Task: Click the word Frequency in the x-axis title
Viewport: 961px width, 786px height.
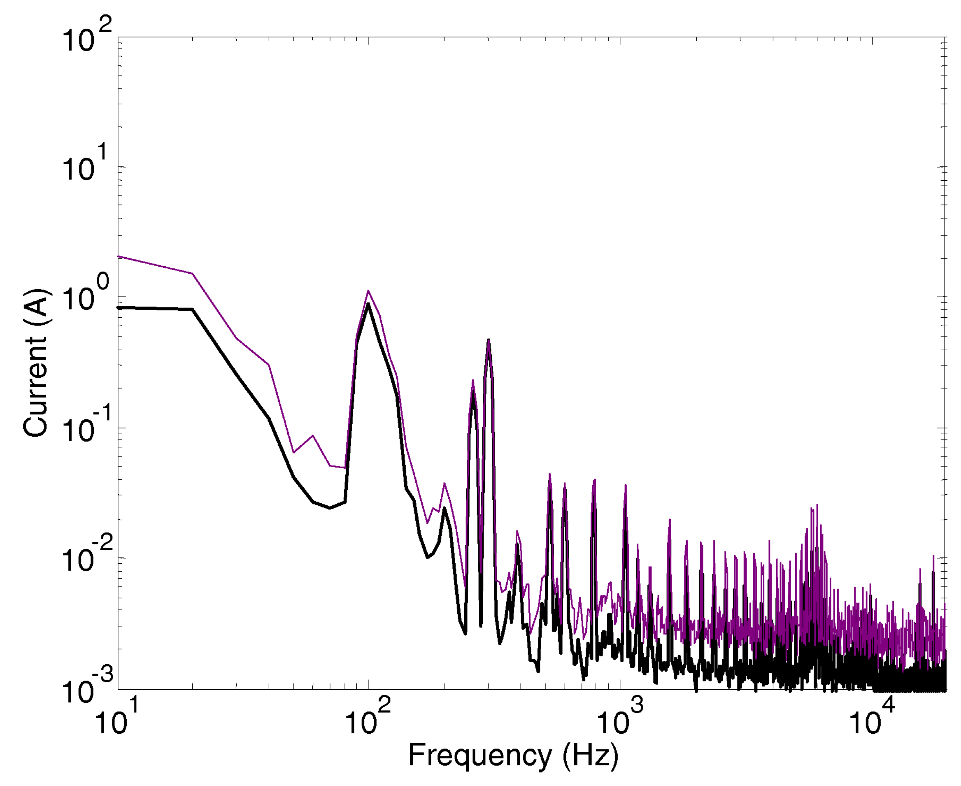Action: tap(479, 755)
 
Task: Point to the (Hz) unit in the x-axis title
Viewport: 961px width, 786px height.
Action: tap(590, 755)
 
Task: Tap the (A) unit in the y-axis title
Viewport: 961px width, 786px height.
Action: tap(35, 304)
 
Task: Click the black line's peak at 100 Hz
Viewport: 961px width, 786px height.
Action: tap(368, 304)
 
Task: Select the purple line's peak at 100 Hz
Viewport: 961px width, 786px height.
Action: tap(368, 291)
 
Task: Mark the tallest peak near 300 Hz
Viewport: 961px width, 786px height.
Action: tap(489, 340)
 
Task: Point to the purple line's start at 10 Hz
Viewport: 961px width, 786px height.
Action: tap(119, 256)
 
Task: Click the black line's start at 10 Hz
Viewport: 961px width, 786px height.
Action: tap(119, 308)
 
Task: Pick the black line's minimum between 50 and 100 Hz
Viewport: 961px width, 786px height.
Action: tap(330, 507)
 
